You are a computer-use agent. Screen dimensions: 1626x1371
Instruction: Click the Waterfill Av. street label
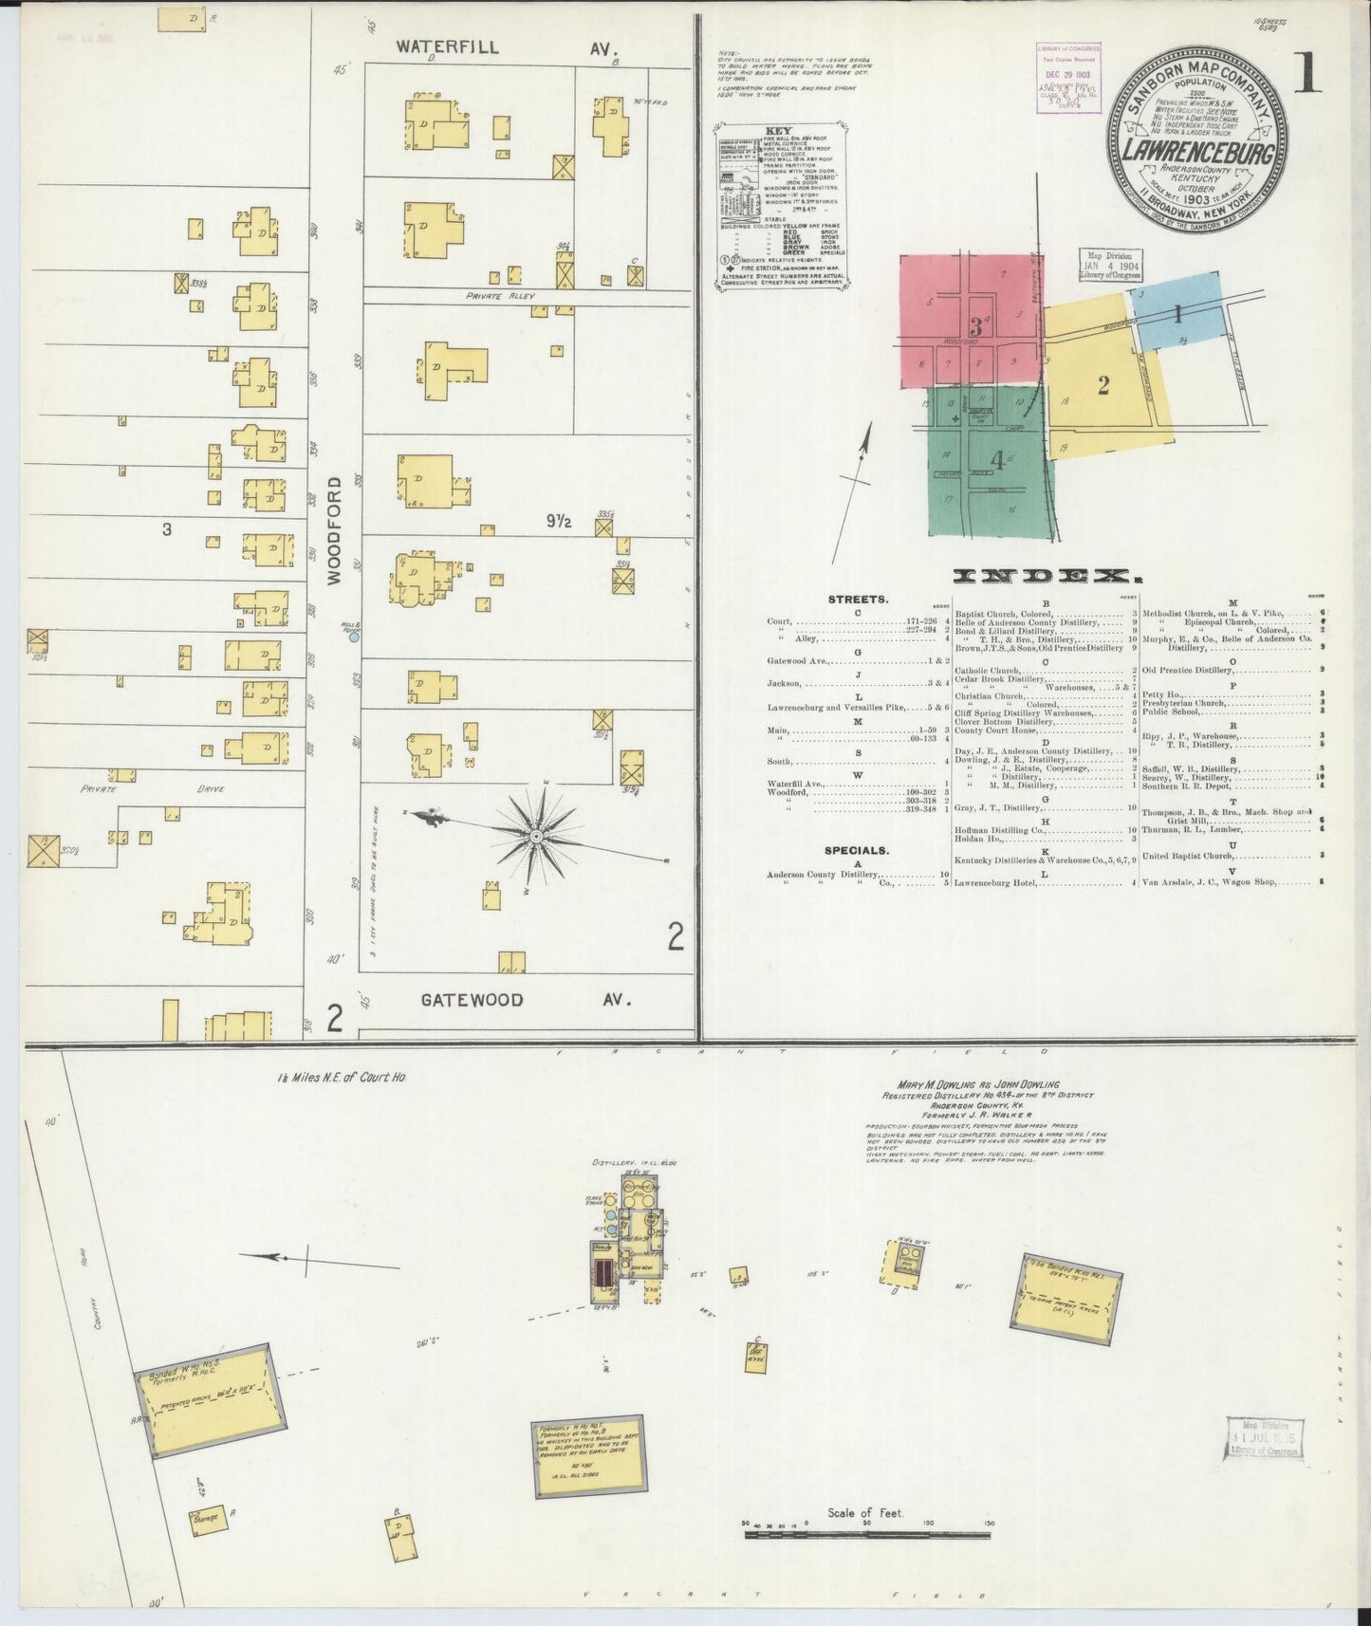pyautogui.click(x=506, y=46)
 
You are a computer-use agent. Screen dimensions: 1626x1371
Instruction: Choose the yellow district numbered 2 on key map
pyautogui.click(x=1103, y=385)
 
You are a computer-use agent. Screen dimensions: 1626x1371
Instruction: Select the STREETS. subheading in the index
pyautogui.click(x=858, y=600)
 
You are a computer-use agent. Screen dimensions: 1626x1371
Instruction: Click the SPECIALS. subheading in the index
pyautogui.click(x=857, y=851)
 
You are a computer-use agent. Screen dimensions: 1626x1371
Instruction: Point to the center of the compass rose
pyautogui.click(x=535, y=836)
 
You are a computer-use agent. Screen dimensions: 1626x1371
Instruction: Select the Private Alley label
pyautogui.click(x=500, y=296)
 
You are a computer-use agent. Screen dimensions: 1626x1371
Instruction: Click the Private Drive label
pyautogui.click(x=152, y=787)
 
